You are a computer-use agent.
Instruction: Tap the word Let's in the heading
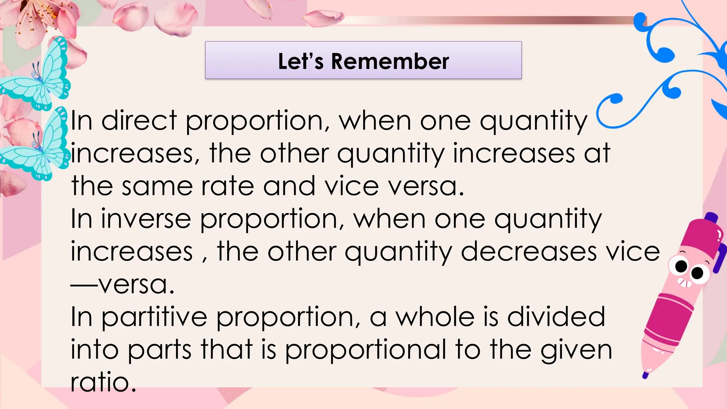click(301, 61)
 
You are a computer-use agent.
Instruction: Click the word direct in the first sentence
click(139, 121)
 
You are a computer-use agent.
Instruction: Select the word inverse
click(146, 219)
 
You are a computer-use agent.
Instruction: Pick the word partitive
click(154, 317)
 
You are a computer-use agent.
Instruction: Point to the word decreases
click(529, 252)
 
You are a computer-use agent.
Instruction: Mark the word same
click(157, 186)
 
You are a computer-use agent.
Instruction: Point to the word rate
click(228, 186)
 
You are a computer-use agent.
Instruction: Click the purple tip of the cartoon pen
click(646, 375)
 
